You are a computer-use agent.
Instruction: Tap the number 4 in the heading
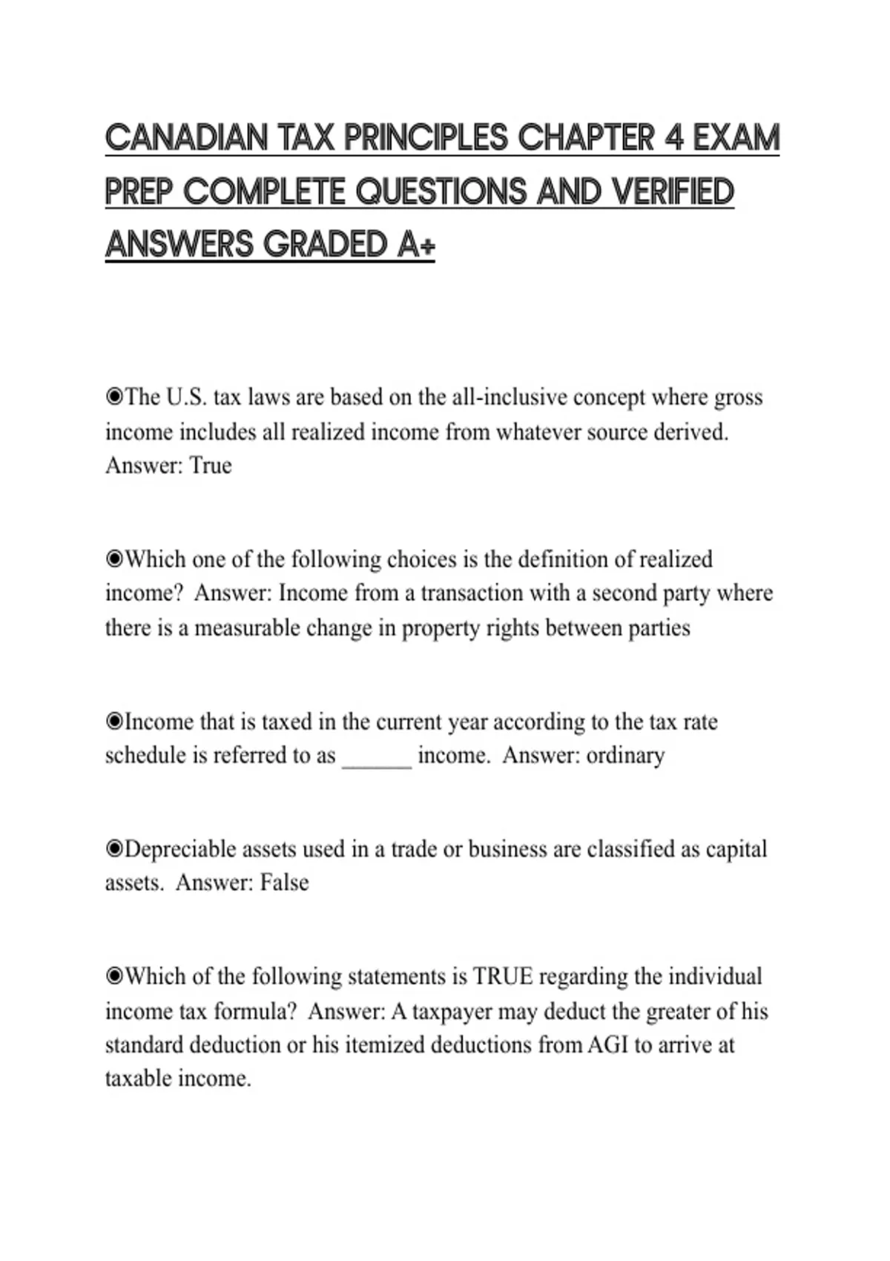pyautogui.click(x=674, y=139)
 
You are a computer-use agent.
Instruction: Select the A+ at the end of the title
pyautogui.click(x=415, y=245)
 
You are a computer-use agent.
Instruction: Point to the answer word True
pyautogui.click(x=211, y=466)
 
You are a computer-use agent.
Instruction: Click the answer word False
pyautogui.click(x=284, y=883)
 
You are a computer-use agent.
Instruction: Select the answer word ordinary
pyautogui.click(x=625, y=755)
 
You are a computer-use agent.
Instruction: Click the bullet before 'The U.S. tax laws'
pyautogui.click(x=114, y=398)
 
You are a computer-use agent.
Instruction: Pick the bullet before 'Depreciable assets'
pyautogui.click(x=114, y=849)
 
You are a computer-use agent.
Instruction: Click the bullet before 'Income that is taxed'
pyautogui.click(x=114, y=721)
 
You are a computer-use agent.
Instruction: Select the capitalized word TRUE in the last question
pyautogui.click(x=503, y=976)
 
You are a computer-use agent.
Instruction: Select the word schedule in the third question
pyautogui.click(x=146, y=755)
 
